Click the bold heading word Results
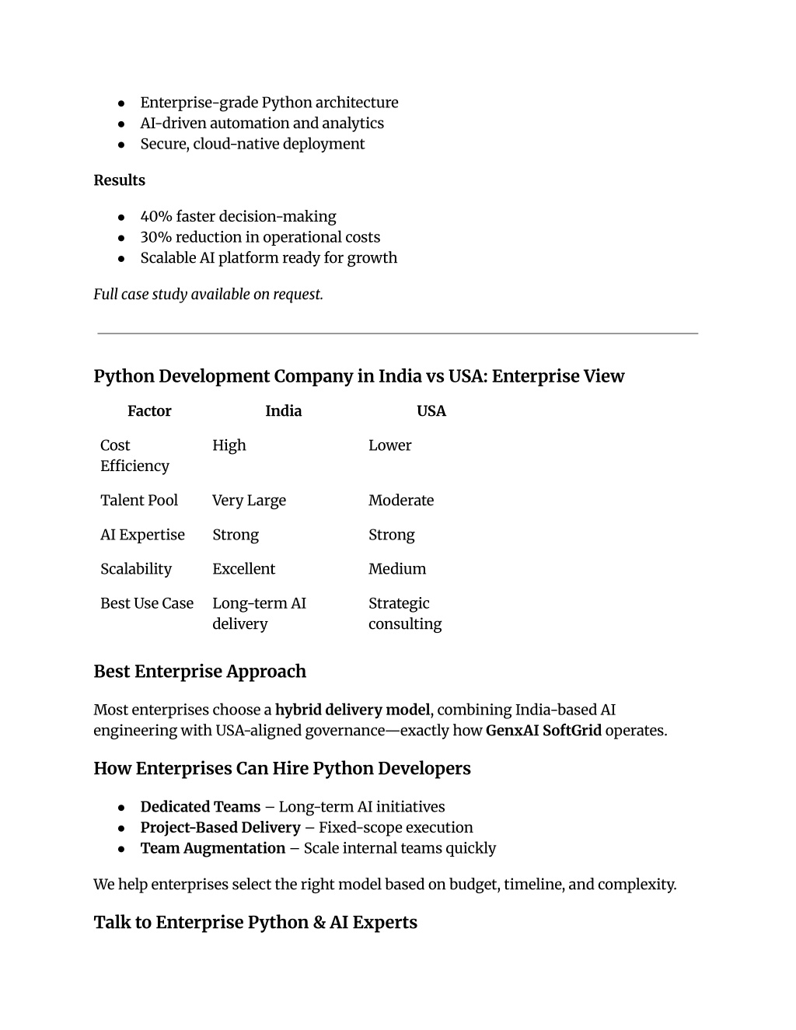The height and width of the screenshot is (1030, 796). (119, 180)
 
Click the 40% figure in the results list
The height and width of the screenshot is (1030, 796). (155, 217)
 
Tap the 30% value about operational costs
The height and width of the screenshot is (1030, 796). (155, 237)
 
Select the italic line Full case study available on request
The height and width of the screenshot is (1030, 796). (208, 294)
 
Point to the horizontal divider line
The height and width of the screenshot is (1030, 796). (397, 333)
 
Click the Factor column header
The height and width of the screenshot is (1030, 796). (149, 411)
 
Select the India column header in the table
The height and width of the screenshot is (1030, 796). (283, 411)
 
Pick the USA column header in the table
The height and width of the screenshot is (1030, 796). (431, 411)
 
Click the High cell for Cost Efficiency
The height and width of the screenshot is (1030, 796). (229, 445)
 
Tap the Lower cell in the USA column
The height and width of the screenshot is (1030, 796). (389, 445)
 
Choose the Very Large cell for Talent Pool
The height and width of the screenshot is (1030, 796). (249, 501)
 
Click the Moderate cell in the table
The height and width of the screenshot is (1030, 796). (401, 501)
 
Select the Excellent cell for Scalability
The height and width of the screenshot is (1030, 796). (243, 569)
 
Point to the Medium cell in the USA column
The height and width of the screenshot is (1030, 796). (397, 569)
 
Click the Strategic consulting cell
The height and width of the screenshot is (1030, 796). (405, 613)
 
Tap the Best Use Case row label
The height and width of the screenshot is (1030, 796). (147, 603)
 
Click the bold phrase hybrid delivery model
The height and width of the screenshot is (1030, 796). (352, 710)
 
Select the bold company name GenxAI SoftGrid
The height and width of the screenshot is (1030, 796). (543, 731)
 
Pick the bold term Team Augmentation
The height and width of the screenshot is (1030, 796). (213, 848)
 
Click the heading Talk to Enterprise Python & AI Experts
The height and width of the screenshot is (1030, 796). (255, 923)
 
